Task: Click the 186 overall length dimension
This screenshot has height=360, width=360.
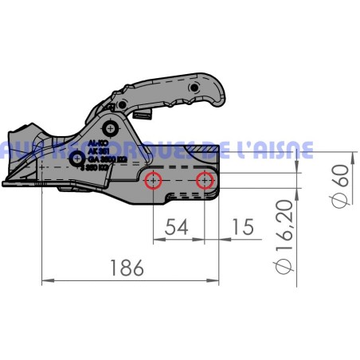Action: point(128,268)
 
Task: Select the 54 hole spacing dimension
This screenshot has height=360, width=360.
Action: point(178,227)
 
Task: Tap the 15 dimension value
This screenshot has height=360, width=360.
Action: point(243,227)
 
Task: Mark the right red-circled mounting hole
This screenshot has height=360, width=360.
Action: point(205,181)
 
